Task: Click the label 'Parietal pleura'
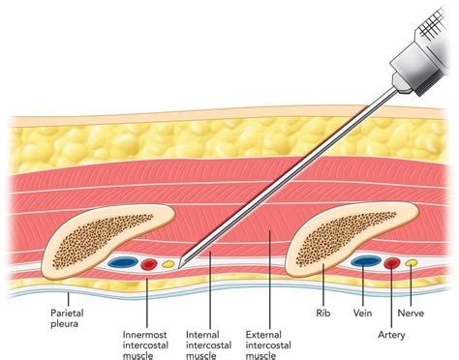(73, 320)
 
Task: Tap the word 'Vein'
(363, 313)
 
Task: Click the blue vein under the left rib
(123, 262)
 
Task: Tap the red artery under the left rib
(149, 263)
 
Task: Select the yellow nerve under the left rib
(168, 262)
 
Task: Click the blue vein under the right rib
(365, 261)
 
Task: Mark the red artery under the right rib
(392, 262)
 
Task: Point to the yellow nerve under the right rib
(412, 261)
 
